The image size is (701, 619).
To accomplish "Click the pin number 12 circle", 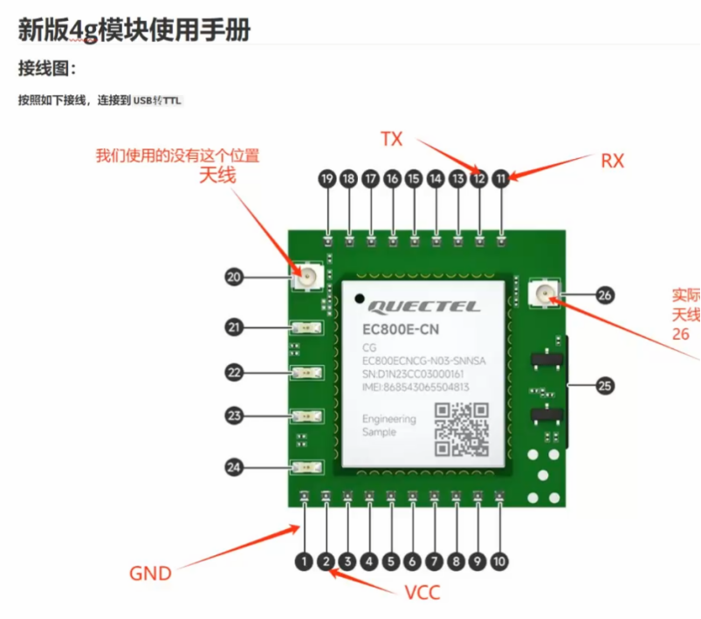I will tap(479, 179).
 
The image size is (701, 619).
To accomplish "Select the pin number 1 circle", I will tap(304, 562).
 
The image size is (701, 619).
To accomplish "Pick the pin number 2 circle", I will tap(326, 562).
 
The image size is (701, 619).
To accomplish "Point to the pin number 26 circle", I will tap(605, 295).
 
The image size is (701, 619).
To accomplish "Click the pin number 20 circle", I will tap(234, 278).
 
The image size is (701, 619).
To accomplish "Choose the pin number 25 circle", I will tap(605, 384).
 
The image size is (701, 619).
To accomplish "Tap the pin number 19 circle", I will tap(327, 179).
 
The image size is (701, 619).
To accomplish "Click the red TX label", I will tap(391, 139).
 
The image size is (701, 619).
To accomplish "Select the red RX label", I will tap(613, 161).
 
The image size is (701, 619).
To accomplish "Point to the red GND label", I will tap(150, 574).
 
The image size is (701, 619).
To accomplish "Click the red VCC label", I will tap(423, 593).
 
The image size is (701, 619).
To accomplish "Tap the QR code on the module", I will tap(462, 430).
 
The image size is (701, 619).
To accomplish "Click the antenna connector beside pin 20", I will tap(307, 279).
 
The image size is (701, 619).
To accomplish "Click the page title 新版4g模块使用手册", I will tap(134, 30).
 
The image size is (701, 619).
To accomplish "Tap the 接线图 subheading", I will tap(47, 69).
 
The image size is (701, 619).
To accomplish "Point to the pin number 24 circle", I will tap(234, 468).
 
